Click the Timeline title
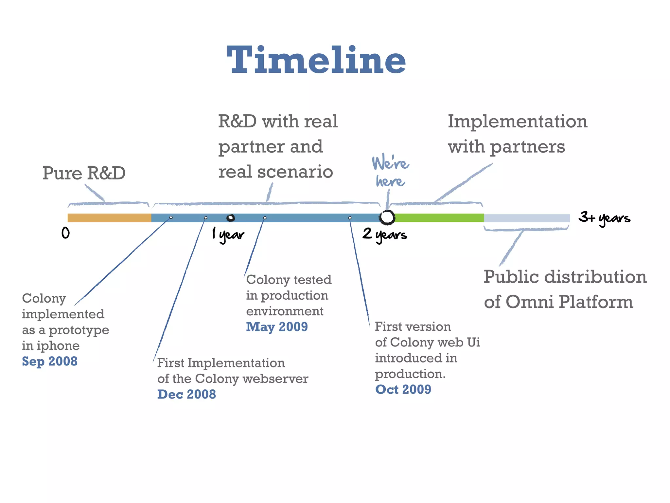coord(316,60)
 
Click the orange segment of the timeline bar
coord(109,218)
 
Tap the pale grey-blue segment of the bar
coord(527,218)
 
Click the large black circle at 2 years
coord(387,217)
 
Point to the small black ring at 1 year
coord(231,218)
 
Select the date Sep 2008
coord(50,361)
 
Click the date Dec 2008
coord(186,394)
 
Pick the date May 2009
coord(277,327)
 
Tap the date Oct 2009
coord(403,389)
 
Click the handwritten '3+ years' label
coord(604,218)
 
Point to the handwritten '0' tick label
coord(65,233)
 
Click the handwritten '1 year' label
coord(228,235)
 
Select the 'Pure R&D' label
coord(84,173)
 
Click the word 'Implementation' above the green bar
coord(517,121)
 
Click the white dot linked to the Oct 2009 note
coord(350,218)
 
